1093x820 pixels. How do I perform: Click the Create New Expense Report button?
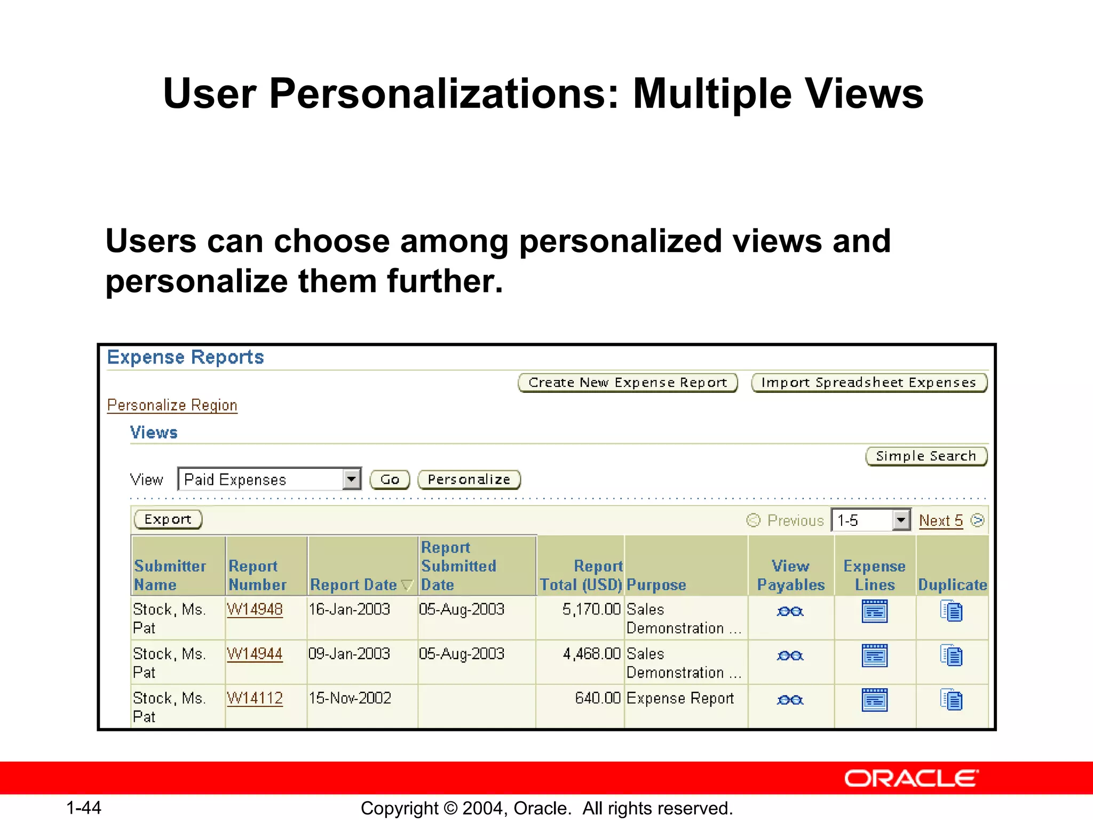click(x=628, y=383)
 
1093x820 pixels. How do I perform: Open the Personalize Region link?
click(x=172, y=405)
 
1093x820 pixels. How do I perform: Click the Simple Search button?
click(x=926, y=456)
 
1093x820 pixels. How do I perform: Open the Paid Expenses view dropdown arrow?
click(x=351, y=479)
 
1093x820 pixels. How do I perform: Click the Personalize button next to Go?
click(x=469, y=479)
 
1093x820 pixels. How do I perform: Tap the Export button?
click(x=168, y=519)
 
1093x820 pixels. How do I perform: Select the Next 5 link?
click(x=941, y=521)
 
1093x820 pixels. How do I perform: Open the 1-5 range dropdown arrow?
click(x=901, y=520)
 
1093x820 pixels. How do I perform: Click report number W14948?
click(x=255, y=609)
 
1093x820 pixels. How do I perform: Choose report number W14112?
click(x=255, y=698)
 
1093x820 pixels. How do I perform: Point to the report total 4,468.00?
click(x=591, y=654)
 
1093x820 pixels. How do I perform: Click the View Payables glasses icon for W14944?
click(x=790, y=656)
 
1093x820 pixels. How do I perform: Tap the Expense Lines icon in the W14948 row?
click(x=875, y=611)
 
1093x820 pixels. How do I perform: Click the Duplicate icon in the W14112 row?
click(x=952, y=700)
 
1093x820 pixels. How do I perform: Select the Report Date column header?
click(x=353, y=585)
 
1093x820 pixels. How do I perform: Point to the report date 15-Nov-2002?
click(x=350, y=698)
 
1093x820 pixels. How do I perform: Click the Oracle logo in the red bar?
click(x=911, y=779)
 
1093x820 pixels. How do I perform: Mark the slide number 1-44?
click(x=84, y=808)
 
